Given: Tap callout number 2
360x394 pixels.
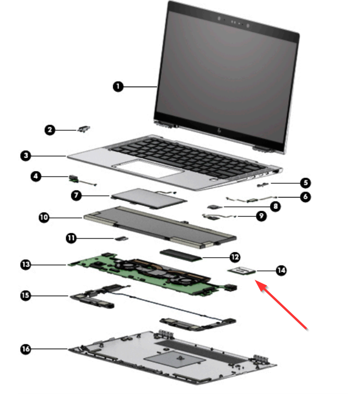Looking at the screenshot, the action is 50,130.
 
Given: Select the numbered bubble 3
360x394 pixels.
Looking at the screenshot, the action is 25,156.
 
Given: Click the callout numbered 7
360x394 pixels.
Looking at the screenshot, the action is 77,195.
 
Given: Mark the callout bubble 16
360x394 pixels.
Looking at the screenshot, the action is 25,349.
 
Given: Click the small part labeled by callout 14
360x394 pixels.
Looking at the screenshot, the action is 241,270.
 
